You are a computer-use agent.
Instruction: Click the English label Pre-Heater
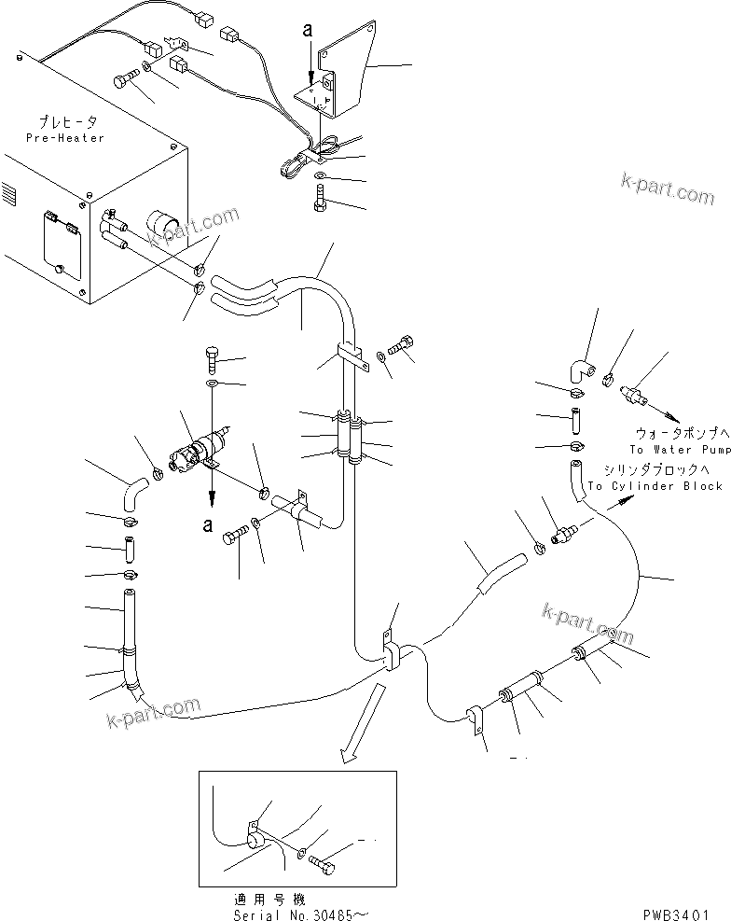(65, 138)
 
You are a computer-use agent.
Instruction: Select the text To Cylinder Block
(655, 486)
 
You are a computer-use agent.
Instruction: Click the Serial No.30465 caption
(307, 914)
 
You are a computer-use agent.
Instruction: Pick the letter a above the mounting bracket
(308, 30)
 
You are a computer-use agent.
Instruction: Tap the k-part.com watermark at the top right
(667, 189)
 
